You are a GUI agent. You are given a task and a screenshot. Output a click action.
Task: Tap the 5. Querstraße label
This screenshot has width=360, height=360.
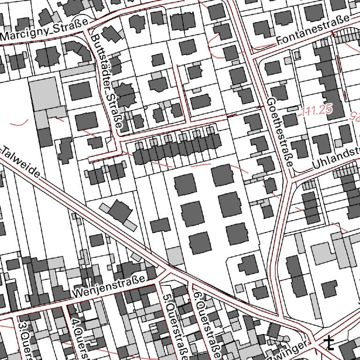point(174,323)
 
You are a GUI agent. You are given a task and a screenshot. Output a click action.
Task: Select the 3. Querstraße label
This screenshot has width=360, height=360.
point(24,338)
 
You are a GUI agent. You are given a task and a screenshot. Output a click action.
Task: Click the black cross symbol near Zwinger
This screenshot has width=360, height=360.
point(330,343)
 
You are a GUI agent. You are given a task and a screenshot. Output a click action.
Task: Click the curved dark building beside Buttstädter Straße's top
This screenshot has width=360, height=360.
point(78,52)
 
